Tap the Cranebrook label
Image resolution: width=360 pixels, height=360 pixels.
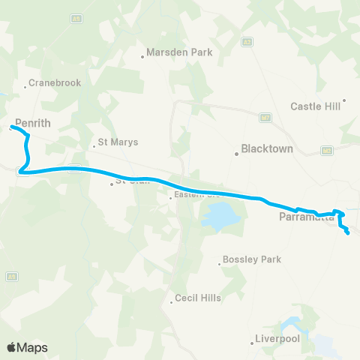(x=54, y=83)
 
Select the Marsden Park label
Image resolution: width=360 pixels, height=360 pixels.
(x=180, y=52)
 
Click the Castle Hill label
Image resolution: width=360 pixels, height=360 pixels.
(x=316, y=106)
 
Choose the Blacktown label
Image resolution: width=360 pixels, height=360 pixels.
(x=267, y=149)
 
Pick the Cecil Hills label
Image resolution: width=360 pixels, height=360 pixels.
(x=198, y=298)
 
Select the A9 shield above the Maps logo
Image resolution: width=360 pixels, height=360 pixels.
(x=12, y=277)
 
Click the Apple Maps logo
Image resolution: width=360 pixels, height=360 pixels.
(x=27, y=347)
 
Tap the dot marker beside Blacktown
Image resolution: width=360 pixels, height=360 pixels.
(x=235, y=153)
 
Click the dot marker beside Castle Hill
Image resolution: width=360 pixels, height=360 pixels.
(x=344, y=100)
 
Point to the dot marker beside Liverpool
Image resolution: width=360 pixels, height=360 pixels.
(x=251, y=343)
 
